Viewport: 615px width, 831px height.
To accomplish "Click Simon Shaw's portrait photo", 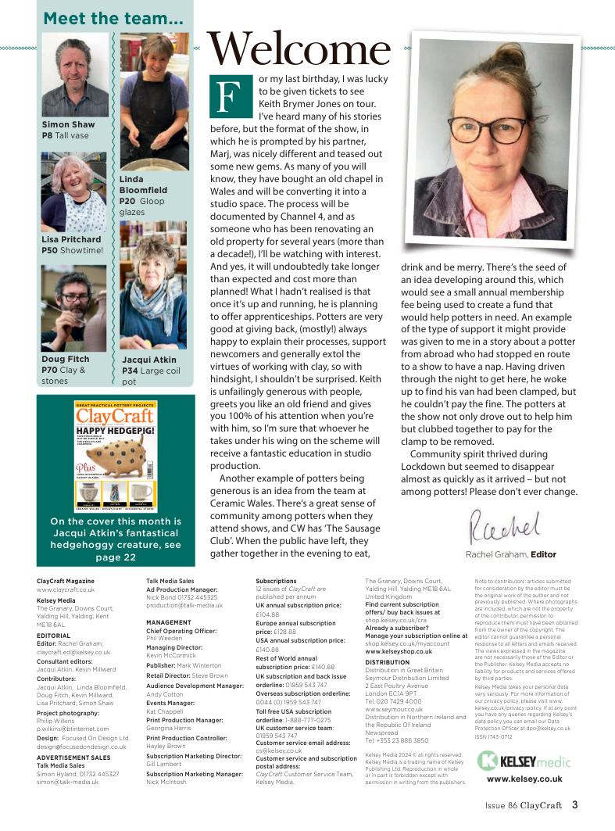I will (75, 76).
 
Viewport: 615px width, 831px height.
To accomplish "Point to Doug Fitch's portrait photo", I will (73, 307).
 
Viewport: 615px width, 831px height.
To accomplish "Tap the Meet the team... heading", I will (102, 18).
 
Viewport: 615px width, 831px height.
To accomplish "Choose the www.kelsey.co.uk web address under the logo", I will (524, 779).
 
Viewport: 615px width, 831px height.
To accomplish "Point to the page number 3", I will (574, 804).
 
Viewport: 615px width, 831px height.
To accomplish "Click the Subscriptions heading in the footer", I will (276, 581).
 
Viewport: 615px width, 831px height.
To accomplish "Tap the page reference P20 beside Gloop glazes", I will (129, 201).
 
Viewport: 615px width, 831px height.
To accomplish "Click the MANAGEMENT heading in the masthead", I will (169, 623).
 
